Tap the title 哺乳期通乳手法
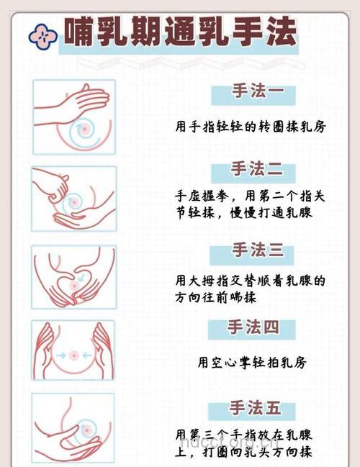180,32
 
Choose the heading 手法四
253,328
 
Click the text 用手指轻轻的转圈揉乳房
251,127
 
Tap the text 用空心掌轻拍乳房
252,363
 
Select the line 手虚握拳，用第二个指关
250,196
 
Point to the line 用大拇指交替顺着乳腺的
250,279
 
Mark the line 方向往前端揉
216,296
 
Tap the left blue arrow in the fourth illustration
63,354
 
